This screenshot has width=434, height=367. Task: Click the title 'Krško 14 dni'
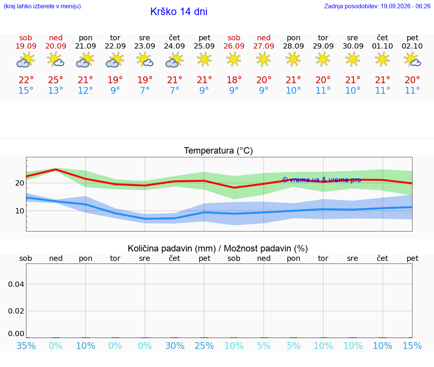179,12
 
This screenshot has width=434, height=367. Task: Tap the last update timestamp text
377,6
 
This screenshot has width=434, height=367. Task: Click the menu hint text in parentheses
42,6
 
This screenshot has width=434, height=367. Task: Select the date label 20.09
56,46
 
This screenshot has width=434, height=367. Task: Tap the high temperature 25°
56,80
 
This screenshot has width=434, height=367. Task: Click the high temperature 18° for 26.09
234,80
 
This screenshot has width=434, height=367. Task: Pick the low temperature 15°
26,90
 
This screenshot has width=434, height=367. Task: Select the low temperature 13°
56,90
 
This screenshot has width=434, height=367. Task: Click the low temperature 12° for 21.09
85,90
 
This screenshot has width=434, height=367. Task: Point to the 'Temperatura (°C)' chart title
219,151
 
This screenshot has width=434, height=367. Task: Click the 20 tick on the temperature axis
20,183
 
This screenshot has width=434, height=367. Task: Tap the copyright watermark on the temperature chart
322,180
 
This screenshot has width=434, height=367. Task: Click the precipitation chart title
218,248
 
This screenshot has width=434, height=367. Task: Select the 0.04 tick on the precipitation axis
16,284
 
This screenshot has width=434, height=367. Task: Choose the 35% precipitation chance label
26,346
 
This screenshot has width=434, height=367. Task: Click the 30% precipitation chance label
175,346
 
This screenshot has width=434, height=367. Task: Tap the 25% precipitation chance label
204,346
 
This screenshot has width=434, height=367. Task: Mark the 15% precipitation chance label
412,346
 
